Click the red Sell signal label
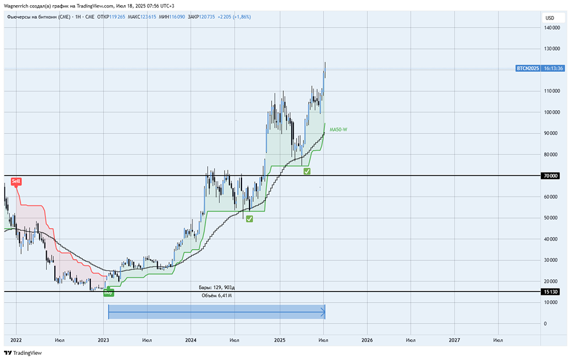click(x=16, y=182)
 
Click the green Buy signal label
click(x=108, y=293)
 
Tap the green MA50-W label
click(x=338, y=130)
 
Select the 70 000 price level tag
click(x=550, y=176)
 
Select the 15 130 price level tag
click(x=550, y=291)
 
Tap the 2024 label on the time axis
click(x=191, y=340)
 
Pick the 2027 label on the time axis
click(x=455, y=340)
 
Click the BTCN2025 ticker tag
click(x=527, y=68)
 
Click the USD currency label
click(x=550, y=18)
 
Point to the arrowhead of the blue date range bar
click(x=323, y=312)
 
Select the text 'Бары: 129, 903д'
click(x=217, y=287)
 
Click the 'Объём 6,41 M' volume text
click(x=217, y=296)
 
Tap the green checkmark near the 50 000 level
click(x=250, y=219)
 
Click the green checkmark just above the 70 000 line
click(x=307, y=171)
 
